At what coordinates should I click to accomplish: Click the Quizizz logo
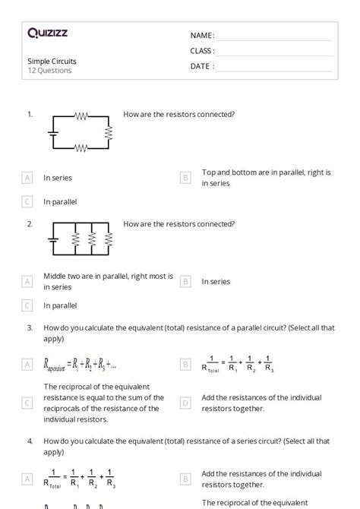pos(48,33)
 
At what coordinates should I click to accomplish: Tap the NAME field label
pos(202,36)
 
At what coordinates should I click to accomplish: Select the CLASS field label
pos(202,51)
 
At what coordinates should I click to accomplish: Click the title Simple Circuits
pos(52,61)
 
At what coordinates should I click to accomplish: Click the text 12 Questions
pos(49,71)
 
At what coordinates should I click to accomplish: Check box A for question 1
pos(27,178)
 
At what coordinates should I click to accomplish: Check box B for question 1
pos(185,178)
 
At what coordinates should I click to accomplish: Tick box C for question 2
pos(27,305)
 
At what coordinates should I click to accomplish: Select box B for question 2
pos(185,281)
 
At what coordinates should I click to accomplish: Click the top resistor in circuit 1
pos(81,116)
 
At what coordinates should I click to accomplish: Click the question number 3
pos(30,327)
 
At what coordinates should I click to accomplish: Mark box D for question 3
pos(185,403)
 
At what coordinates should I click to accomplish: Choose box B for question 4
pos(185,479)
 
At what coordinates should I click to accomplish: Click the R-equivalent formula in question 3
pos(74,365)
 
